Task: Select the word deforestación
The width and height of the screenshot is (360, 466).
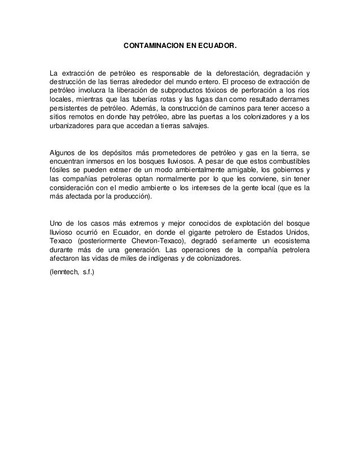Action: [235, 73]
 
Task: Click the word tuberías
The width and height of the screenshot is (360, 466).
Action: [147, 100]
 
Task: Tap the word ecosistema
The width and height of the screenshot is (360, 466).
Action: [287, 241]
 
